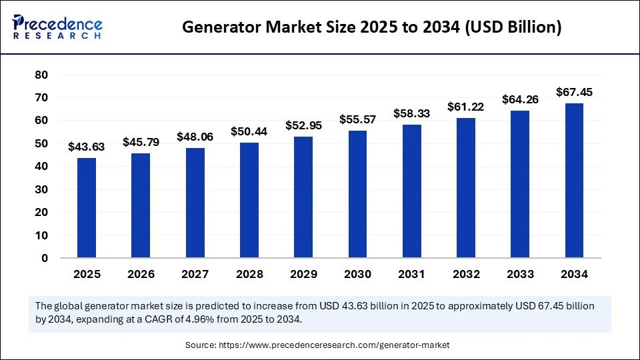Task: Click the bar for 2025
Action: (x=86, y=208)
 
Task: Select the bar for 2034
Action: (x=574, y=181)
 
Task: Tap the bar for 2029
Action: (x=303, y=197)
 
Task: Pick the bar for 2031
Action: (x=412, y=191)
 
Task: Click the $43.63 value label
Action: (x=86, y=147)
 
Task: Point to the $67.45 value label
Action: (x=574, y=92)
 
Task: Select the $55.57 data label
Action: (x=357, y=119)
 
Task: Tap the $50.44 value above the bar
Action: (x=249, y=131)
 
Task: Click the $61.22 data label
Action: (x=466, y=107)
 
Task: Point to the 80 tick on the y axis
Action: (x=41, y=75)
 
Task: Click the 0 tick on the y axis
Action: (x=45, y=259)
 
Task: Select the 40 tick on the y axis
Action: (x=41, y=167)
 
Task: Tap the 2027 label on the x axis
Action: (x=195, y=274)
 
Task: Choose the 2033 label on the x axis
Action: (x=520, y=274)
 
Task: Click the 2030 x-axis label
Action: (x=357, y=274)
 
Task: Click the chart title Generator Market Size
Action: (x=372, y=27)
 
